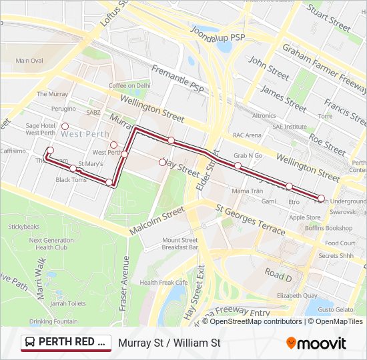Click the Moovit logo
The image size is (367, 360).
[316, 343]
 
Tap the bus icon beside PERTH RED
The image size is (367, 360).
[30, 343]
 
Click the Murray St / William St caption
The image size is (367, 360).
[169, 343]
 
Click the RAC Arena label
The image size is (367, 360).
[247, 135]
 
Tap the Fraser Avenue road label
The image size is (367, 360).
[125, 267]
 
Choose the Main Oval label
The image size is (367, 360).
[29, 61]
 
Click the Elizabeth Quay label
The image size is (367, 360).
[297, 295]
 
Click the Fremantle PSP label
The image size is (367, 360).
[177, 79]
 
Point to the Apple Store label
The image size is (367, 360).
[304, 217]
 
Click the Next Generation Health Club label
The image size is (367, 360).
[51, 244]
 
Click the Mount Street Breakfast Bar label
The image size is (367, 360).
[179, 243]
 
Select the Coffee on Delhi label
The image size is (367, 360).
[129, 85]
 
